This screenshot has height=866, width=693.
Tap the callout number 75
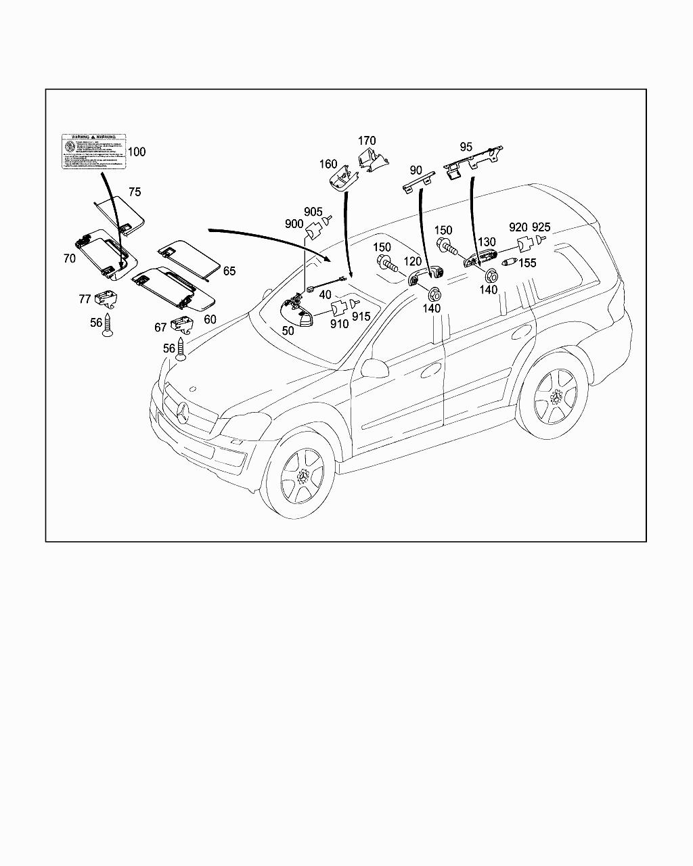[135, 192]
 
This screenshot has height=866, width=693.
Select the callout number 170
[367, 142]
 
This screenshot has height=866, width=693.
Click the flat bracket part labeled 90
[419, 182]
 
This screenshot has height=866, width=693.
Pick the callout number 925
[541, 227]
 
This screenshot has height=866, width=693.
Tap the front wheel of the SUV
[300, 477]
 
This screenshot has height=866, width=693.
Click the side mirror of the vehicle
[374, 367]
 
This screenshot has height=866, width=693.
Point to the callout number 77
[85, 298]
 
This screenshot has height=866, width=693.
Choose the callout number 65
[229, 271]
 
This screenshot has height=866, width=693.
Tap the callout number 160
[328, 164]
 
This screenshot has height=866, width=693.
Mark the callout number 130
[487, 242]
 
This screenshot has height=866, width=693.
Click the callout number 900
[294, 224]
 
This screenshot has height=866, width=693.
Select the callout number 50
[288, 331]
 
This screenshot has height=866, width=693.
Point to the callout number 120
[412, 262]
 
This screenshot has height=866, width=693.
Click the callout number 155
[527, 263]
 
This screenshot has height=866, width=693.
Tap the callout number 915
[361, 317]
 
